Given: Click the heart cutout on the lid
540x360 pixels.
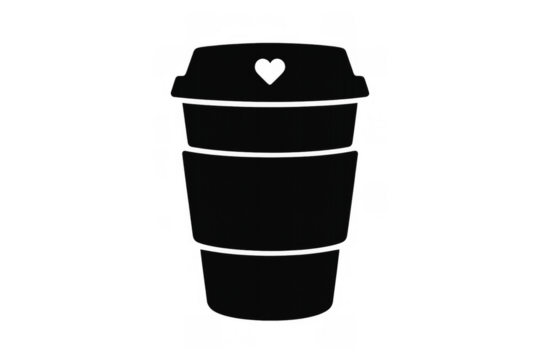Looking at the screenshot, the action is click(270, 71).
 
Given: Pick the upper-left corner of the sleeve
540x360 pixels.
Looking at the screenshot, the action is click(180, 152).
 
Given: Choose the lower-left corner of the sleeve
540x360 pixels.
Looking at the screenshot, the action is click(190, 241).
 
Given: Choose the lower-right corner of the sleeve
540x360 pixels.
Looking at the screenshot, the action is click(350, 241).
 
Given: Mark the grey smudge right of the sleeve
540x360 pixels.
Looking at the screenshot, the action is click(375, 195).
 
